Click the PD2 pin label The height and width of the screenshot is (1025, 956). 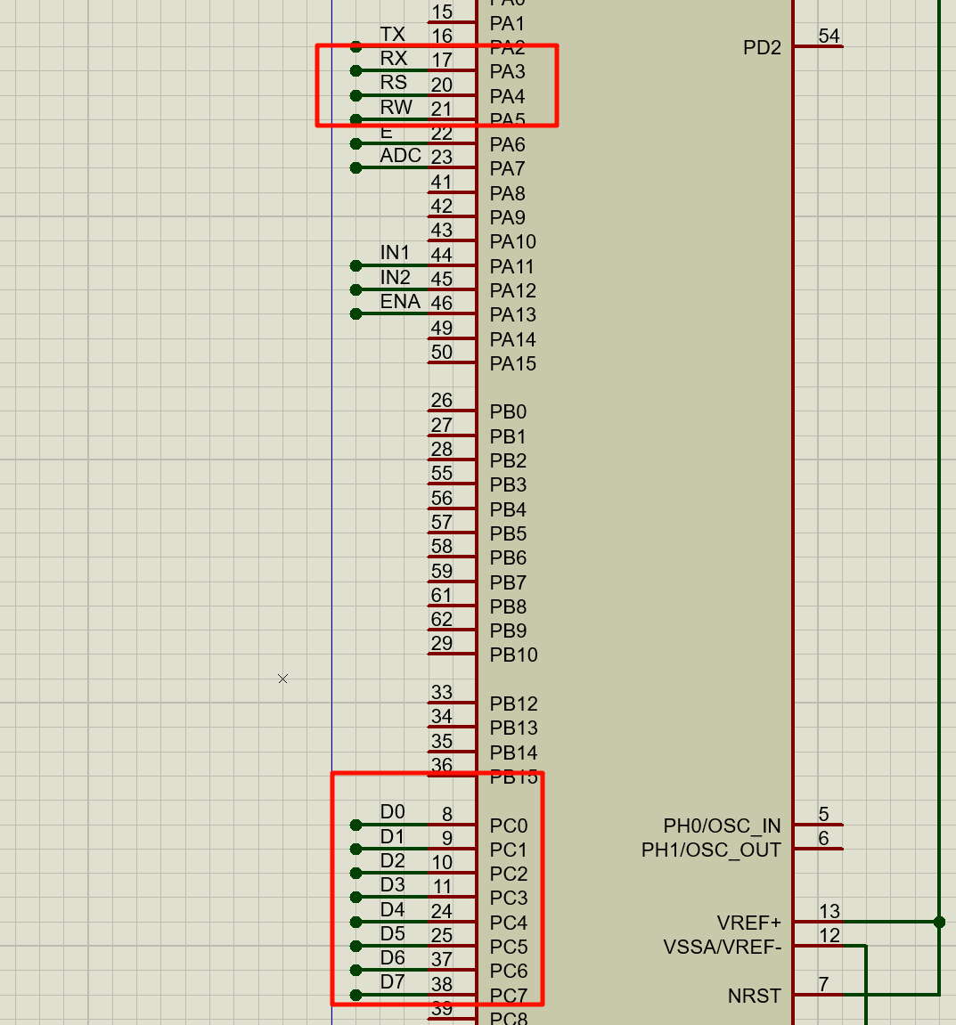762,48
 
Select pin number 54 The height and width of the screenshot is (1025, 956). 829,37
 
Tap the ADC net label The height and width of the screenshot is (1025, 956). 400,156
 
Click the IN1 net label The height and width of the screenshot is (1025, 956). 395,253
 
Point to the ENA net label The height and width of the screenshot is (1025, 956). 400,302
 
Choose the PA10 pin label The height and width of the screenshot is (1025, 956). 513,242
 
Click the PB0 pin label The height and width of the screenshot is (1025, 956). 508,412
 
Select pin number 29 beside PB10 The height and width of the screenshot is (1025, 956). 442,644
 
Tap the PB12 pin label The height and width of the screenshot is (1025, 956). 513,704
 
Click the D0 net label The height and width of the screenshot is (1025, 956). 392,812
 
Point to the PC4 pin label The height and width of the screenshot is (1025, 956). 508,923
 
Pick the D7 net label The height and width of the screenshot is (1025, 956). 392,982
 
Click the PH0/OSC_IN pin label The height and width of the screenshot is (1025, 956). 722,826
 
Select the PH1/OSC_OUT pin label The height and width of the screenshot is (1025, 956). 711,850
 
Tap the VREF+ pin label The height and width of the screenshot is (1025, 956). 748,923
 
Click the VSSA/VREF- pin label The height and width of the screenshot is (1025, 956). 723,948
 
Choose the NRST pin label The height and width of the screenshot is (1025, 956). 754,997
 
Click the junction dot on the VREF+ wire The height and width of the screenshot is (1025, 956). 939,922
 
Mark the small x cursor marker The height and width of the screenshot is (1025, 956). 282,679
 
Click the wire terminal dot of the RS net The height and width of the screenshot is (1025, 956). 356,95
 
